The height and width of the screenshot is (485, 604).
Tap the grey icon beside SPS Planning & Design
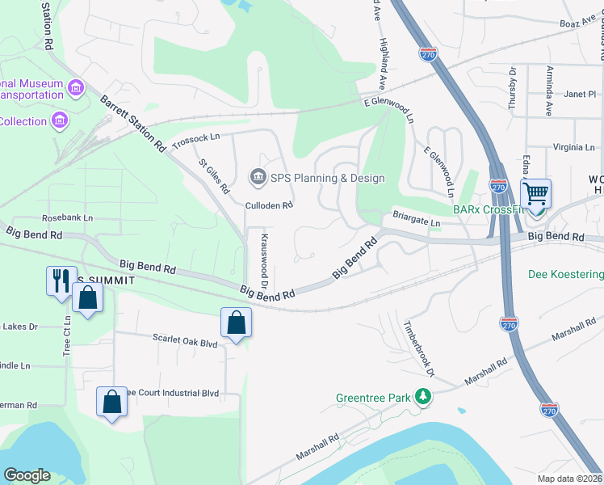click(x=258, y=177)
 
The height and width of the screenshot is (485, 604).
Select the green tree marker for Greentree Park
click(x=422, y=396)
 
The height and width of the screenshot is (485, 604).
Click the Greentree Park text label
click(x=372, y=398)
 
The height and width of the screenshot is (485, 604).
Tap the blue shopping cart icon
click(x=535, y=194)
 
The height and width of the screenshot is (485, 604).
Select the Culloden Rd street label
click(x=269, y=205)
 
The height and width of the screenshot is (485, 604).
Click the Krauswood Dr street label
click(x=264, y=257)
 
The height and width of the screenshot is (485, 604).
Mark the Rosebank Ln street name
click(x=67, y=218)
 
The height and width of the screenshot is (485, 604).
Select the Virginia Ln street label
click(x=574, y=147)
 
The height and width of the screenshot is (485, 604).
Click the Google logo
click(x=27, y=475)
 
